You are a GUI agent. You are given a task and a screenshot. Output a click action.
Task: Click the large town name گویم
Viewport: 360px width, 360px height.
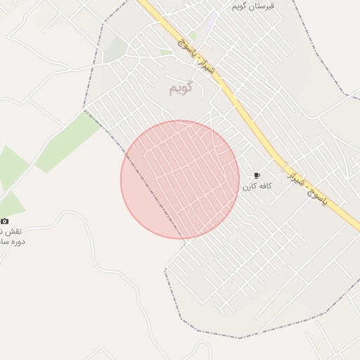181,89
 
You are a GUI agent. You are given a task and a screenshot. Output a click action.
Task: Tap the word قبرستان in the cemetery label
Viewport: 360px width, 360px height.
264,6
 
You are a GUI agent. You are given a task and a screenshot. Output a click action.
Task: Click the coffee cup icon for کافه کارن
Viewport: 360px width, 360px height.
257,175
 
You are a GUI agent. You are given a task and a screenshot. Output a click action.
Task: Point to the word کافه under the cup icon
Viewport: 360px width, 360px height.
264,186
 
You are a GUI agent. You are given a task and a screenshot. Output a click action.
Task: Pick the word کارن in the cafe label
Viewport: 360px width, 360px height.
250,186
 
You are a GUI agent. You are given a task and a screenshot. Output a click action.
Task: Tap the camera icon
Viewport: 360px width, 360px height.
5,221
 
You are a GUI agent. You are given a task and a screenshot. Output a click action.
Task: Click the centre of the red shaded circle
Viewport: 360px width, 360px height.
180,179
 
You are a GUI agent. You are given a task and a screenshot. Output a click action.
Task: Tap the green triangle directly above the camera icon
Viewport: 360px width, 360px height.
13,205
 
